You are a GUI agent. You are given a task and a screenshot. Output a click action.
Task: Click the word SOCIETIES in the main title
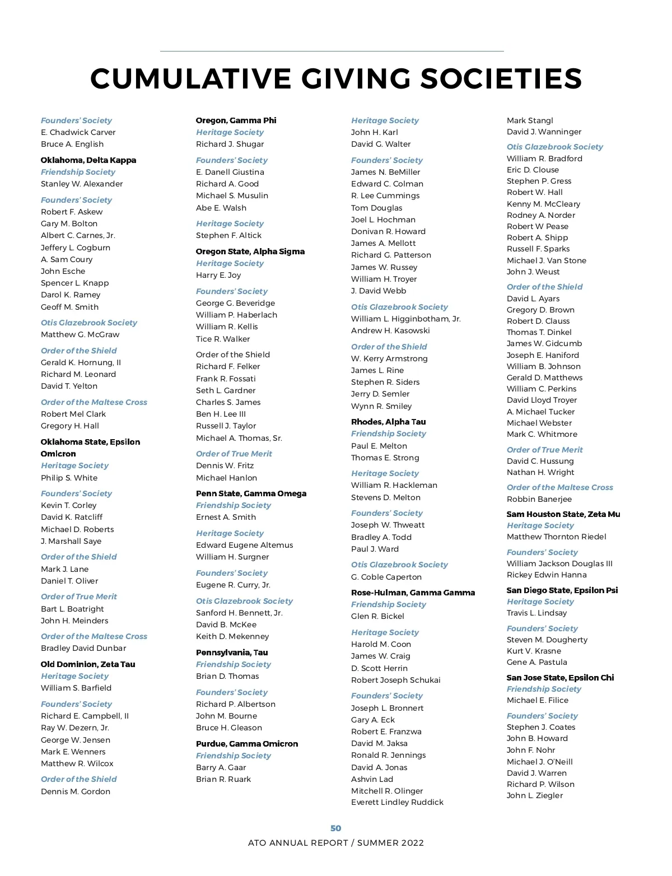coord(501,78)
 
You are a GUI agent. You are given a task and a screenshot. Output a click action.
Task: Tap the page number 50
coord(336,828)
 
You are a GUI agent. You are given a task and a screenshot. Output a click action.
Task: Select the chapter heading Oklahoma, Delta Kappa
coord(88,160)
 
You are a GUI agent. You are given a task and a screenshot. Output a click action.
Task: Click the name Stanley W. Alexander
coord(82,184)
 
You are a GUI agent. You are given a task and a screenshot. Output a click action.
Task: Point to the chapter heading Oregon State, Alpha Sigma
coord(250,251)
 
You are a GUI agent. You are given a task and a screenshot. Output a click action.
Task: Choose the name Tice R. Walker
coord(223,339)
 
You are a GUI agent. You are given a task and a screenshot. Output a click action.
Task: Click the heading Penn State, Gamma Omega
coord(251,493)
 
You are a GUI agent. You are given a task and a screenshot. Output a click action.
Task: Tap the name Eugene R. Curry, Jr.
coord(233,585)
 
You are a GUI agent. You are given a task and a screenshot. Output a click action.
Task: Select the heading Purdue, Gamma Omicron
coord(247,744)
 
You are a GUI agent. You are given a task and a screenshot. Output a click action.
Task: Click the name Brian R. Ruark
coord(223,779)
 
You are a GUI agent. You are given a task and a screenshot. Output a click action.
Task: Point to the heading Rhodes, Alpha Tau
coord(388,422)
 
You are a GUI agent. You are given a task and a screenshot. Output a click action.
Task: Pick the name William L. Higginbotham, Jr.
coord(406,319)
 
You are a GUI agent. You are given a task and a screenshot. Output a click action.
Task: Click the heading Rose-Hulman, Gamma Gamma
coord(413,593)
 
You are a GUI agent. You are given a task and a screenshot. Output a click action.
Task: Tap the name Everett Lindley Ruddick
coord(397,802)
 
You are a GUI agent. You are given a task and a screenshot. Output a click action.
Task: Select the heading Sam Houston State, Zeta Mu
coord(563,514)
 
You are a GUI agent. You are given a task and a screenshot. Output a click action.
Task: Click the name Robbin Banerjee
coord(539,499)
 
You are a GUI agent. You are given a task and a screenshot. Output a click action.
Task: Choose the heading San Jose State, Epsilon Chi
coord(560,678)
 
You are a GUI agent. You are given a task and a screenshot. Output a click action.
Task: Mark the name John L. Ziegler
coord(535,795)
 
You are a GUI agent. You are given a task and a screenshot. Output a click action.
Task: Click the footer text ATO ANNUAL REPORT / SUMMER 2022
coord(336,843)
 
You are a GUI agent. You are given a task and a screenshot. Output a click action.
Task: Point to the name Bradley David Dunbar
coord(83,648)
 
